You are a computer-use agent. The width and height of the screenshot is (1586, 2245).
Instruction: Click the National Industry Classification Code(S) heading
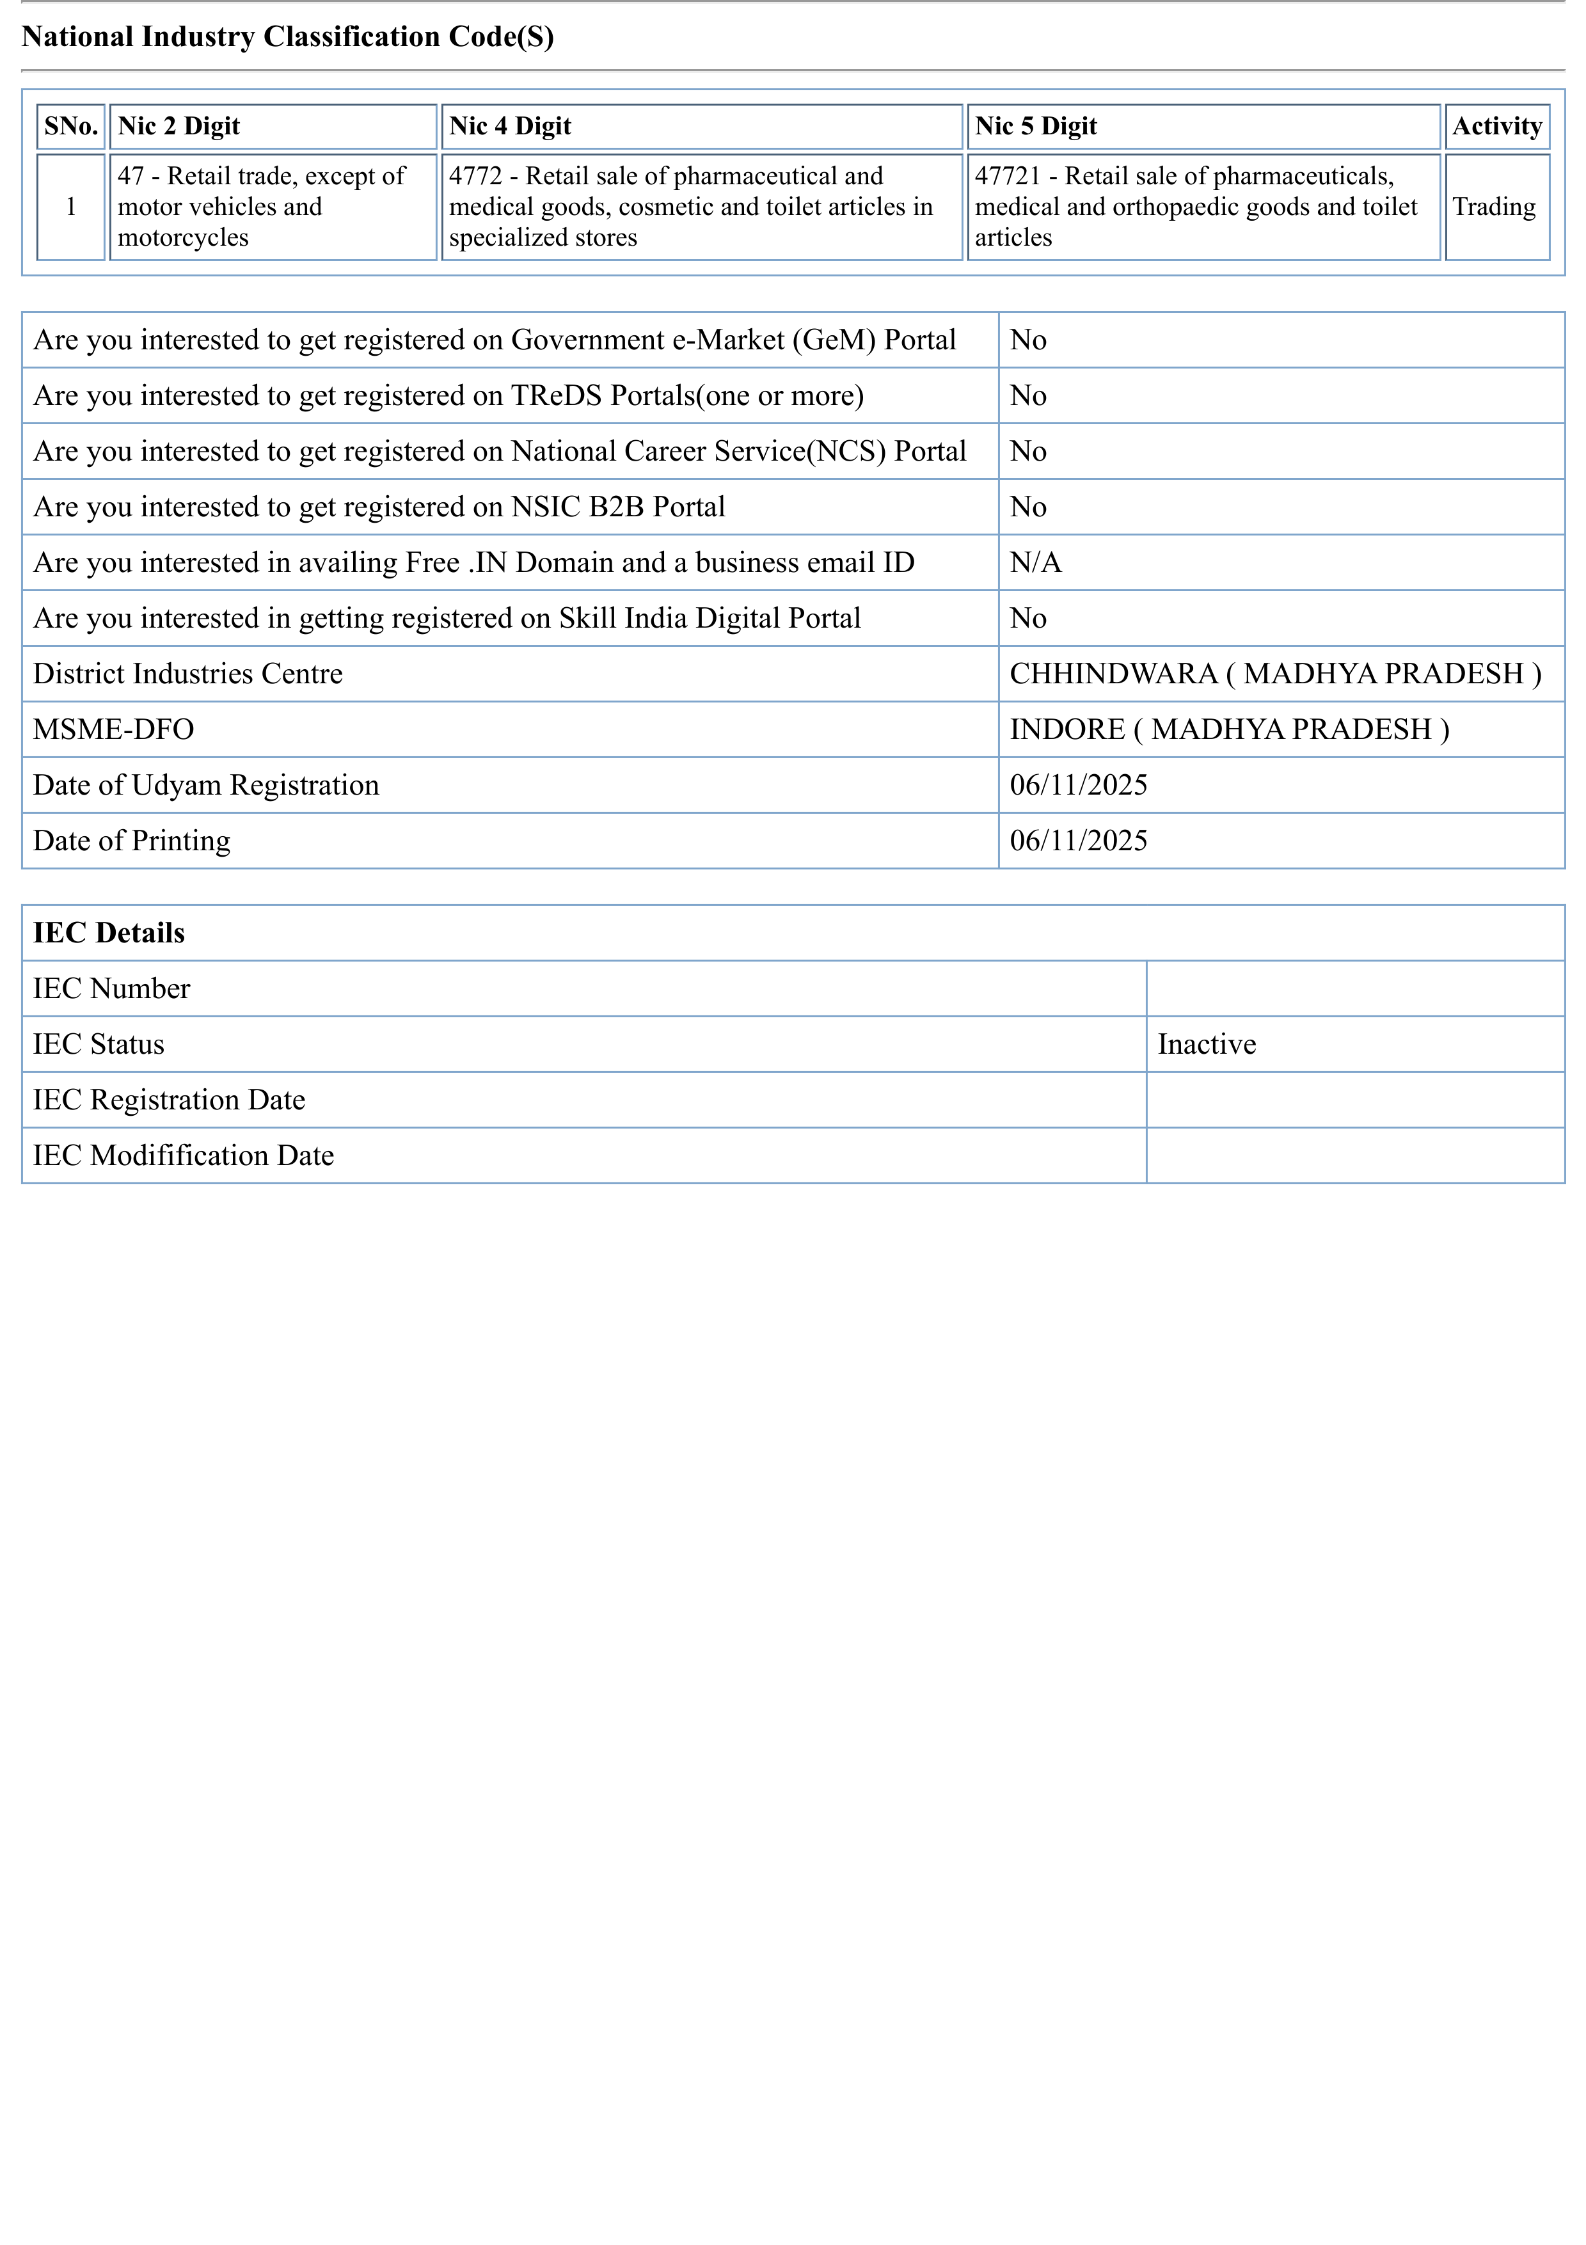[x=287, y=37]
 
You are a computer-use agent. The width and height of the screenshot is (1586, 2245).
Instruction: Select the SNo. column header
[x=70, y=126]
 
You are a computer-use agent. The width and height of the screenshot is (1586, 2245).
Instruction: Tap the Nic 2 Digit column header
[x=179, y=126]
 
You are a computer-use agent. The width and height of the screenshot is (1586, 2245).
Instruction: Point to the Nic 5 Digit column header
[x=1036, y=126]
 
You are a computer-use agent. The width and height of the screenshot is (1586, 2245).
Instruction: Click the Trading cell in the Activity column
[x=1493, y=207]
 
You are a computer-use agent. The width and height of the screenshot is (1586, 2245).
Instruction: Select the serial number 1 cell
[x=70, y=207]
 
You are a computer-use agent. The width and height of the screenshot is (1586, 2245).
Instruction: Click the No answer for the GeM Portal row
[x=1027, y=340]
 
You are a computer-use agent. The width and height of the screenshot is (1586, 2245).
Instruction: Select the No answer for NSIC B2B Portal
[x=1027, y=507]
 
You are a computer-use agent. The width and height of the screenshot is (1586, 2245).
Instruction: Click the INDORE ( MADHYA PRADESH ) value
[x=1228, y=729]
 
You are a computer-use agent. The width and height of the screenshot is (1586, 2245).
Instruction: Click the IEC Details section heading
[x=109, y=933]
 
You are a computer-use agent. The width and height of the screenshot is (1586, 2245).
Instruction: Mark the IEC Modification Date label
[x=183, y=1155]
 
